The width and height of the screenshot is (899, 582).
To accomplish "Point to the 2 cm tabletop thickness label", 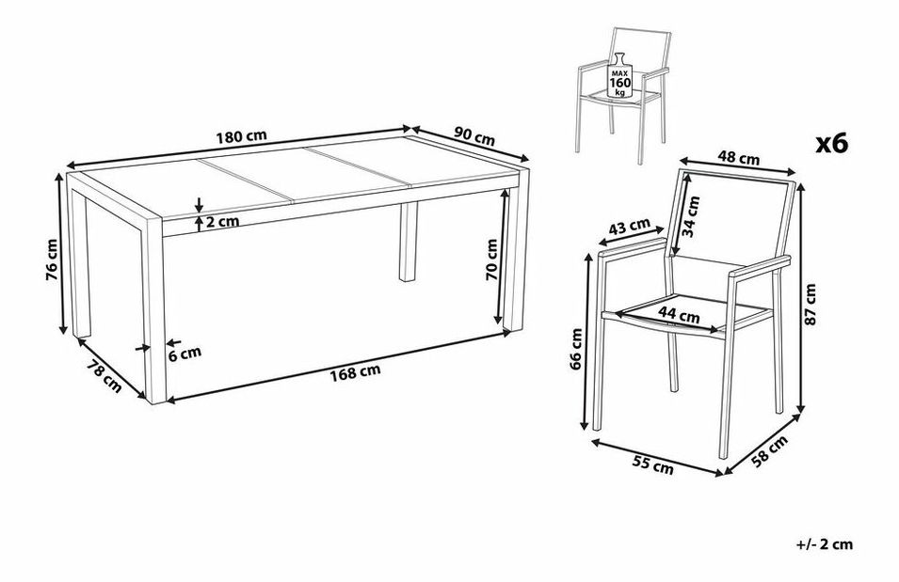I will click(224, 223).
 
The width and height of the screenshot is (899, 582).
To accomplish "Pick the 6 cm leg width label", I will click(184, 354).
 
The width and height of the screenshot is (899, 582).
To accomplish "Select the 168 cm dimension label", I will click(355, 371).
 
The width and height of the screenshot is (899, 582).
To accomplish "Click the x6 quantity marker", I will click(832, 144).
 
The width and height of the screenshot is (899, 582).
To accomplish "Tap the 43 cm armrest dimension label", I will click(628, 228).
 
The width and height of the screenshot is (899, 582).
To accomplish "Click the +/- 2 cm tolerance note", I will click(826, 544).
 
